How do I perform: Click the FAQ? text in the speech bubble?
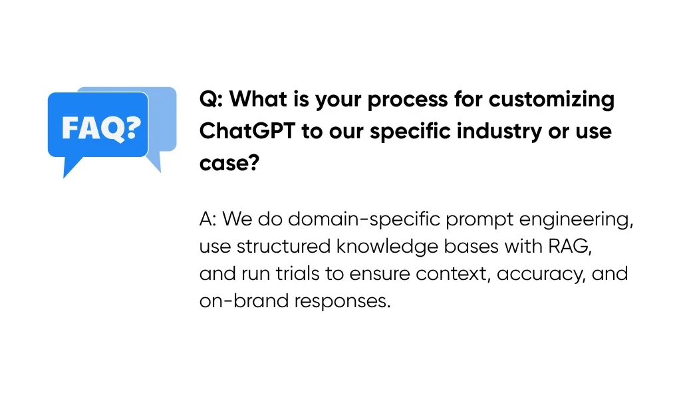point(101,128)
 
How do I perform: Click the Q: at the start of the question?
point(211,100)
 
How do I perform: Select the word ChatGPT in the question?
point(247,131)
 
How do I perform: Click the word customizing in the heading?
point(551,100)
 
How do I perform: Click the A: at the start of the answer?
point(207,219)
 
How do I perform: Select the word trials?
point(297,274)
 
